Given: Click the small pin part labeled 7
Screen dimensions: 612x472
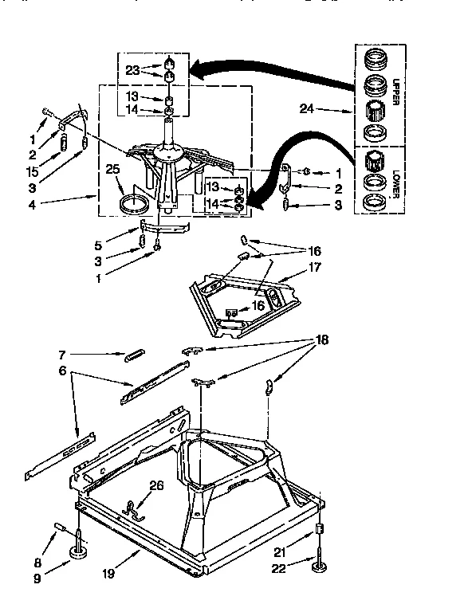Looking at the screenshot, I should click(x=133, y=355).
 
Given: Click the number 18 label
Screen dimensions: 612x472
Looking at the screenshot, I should click(x=323, y=339).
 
